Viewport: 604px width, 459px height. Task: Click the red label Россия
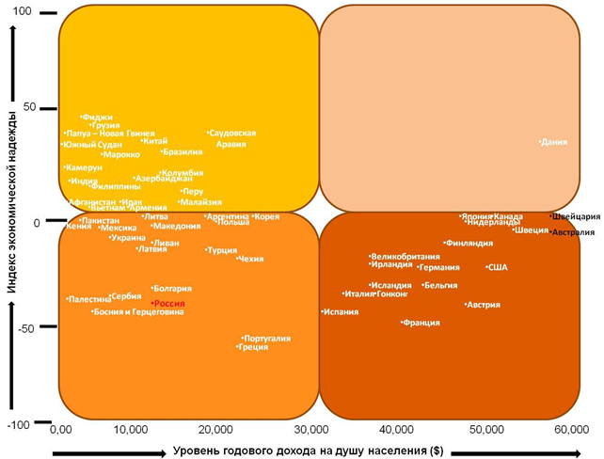(x=169, y=304)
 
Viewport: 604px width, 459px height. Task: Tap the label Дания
(x=555, y=142)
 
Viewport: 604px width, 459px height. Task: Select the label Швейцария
(x=576, y=216)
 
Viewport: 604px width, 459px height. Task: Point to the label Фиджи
(x=98, y=118)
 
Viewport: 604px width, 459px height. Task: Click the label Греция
(x=253, y=347)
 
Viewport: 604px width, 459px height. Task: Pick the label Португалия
(x=266, y=338)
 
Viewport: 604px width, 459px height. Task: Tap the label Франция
(x=421, y=323)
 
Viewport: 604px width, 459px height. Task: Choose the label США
(x=497, y=267)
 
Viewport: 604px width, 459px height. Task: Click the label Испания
(x=340, y=311)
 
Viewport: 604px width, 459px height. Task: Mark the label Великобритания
(x=405, y=257)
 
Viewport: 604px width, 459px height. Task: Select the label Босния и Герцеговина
(x=138, y=311)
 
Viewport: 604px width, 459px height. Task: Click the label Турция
(x=222, y=250)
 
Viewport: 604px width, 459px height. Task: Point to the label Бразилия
(x=183, y=151)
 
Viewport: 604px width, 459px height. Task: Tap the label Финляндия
(x=469, y=244)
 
